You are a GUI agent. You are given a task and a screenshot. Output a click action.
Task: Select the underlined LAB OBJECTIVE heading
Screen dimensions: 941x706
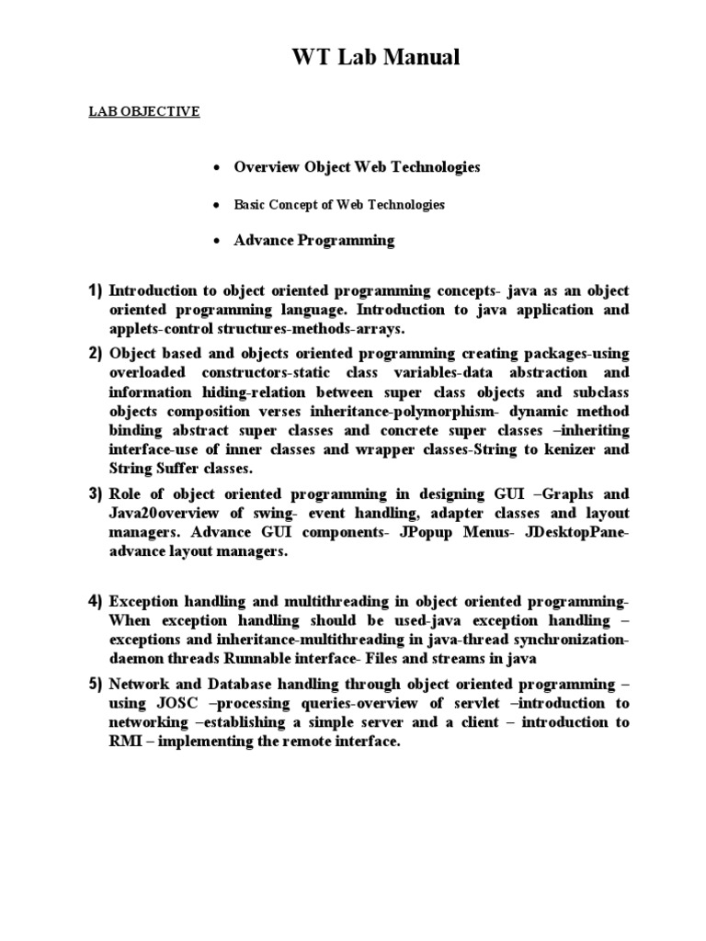[143, 111]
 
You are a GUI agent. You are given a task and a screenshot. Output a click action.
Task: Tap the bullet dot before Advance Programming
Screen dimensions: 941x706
[214, 242]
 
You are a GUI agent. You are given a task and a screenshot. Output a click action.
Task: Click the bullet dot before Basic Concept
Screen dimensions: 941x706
[214, 206]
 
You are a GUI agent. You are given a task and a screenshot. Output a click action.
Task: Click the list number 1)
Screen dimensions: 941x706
[96, 290]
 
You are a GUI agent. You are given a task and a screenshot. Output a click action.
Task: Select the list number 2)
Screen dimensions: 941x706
[96, 354]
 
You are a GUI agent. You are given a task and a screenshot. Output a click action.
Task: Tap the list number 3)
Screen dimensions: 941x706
[96, 494]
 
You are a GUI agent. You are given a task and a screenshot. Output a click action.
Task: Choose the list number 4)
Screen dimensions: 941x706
[96, 601]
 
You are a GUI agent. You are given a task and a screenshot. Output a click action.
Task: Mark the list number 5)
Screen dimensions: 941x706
[96, 685]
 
